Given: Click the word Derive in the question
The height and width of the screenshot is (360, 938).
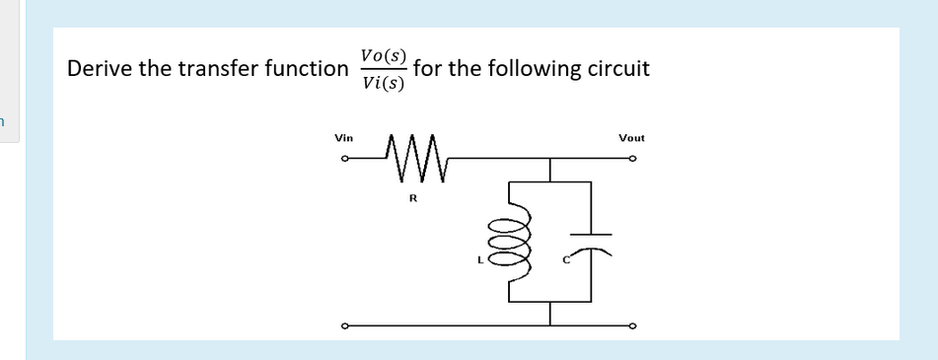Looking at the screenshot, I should (100, 70).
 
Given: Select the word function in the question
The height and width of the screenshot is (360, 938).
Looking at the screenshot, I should (298, 70).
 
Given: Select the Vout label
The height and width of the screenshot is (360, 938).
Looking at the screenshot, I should (631, 139).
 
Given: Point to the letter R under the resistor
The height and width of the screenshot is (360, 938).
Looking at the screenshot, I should (412, 199).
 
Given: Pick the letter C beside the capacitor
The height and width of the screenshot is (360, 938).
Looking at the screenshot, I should (566, 261).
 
